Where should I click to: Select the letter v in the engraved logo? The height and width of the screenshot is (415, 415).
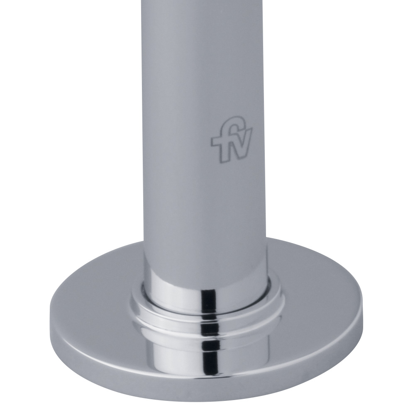pos(244,142)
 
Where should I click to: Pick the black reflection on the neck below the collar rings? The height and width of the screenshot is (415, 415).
pos(209,349)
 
